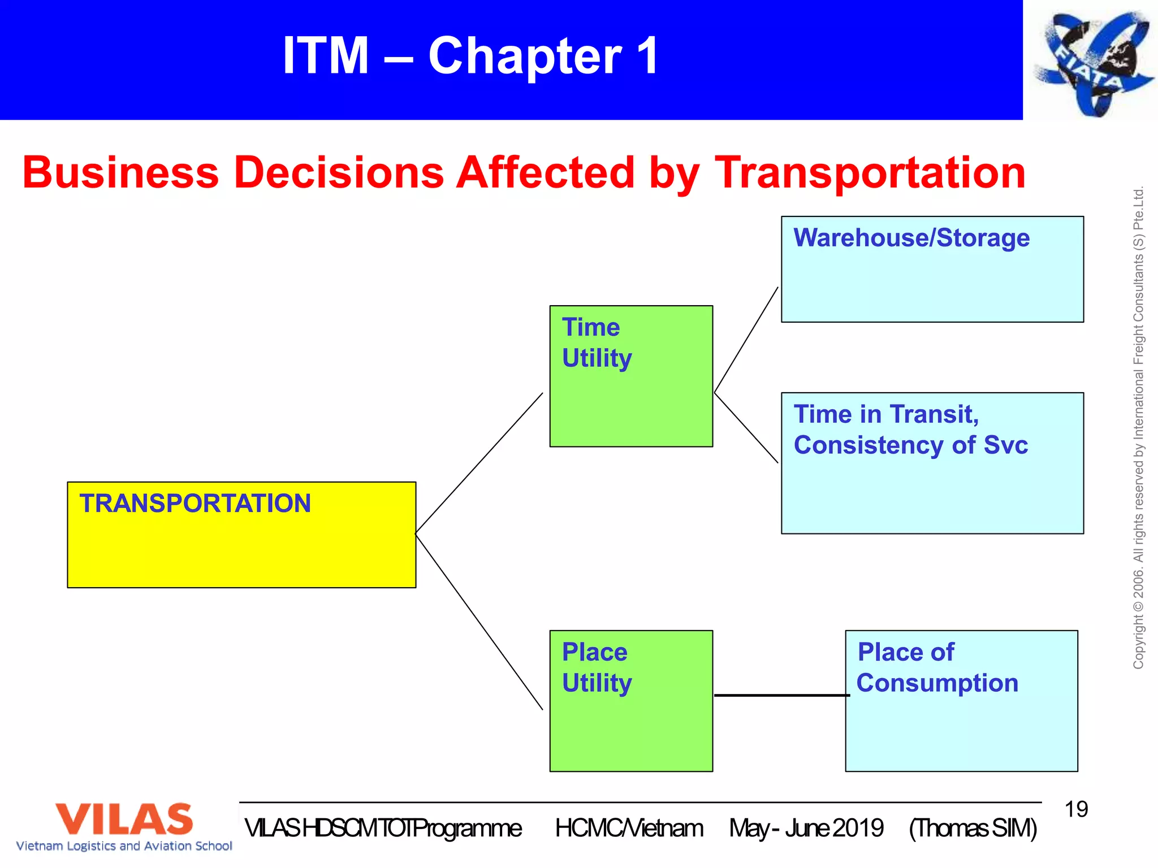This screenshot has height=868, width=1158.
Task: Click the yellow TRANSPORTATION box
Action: coord(241,535)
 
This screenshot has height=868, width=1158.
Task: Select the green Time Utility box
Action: coord(631,376)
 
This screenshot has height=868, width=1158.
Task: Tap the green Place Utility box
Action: coord(631,701)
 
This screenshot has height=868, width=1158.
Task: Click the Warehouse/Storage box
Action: coord(932,269)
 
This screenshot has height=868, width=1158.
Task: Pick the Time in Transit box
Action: coord(932,463)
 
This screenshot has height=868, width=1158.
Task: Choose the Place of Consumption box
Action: coord(961,701)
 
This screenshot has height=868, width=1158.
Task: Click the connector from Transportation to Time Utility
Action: coord(479,463)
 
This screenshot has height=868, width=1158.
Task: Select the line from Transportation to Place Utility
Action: coord(479,622)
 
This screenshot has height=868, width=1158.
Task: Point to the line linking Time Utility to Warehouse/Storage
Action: coord(746,340)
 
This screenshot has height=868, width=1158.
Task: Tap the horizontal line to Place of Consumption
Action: coord(781,695)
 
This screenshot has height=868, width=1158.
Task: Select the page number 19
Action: coord(1076,809)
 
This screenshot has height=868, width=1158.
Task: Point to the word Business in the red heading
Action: coord(120,173)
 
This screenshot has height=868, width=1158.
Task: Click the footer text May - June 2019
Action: coord(806,828)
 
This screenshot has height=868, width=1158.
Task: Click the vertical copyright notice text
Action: coord(1138,428)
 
